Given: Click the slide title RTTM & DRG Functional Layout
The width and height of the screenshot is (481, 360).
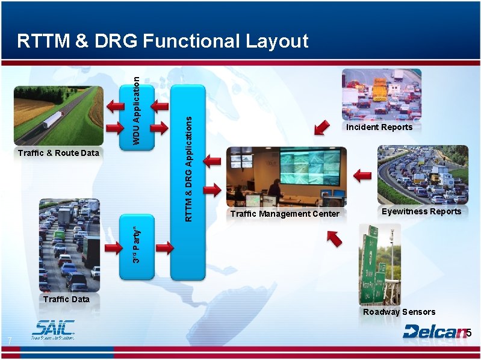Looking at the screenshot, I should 163,41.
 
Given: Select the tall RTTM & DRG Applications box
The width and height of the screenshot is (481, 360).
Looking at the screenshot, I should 188,181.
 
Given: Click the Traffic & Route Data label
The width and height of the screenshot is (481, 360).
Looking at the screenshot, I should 58,153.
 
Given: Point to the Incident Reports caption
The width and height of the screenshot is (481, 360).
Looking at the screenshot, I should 379,127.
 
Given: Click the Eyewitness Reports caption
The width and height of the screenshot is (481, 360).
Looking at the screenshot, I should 421,211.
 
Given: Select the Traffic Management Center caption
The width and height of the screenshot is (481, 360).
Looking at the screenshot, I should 285,214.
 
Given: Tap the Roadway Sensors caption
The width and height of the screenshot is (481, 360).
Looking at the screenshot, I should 399,312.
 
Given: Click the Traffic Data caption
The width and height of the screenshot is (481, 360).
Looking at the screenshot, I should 66,299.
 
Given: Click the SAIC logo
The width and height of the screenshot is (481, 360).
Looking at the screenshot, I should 54,330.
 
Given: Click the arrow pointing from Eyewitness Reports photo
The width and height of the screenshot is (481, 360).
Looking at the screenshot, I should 362,176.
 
